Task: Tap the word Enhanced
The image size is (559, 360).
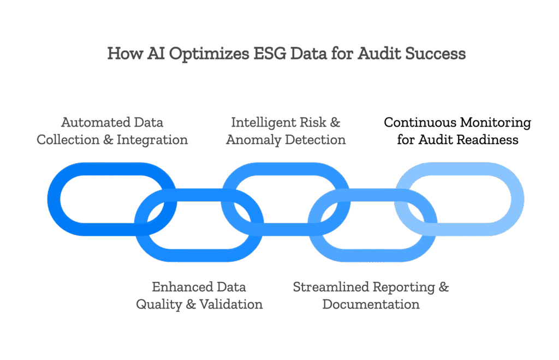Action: click(x=176, y=286)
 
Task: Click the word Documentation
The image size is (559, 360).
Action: click(x=371, y=304)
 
